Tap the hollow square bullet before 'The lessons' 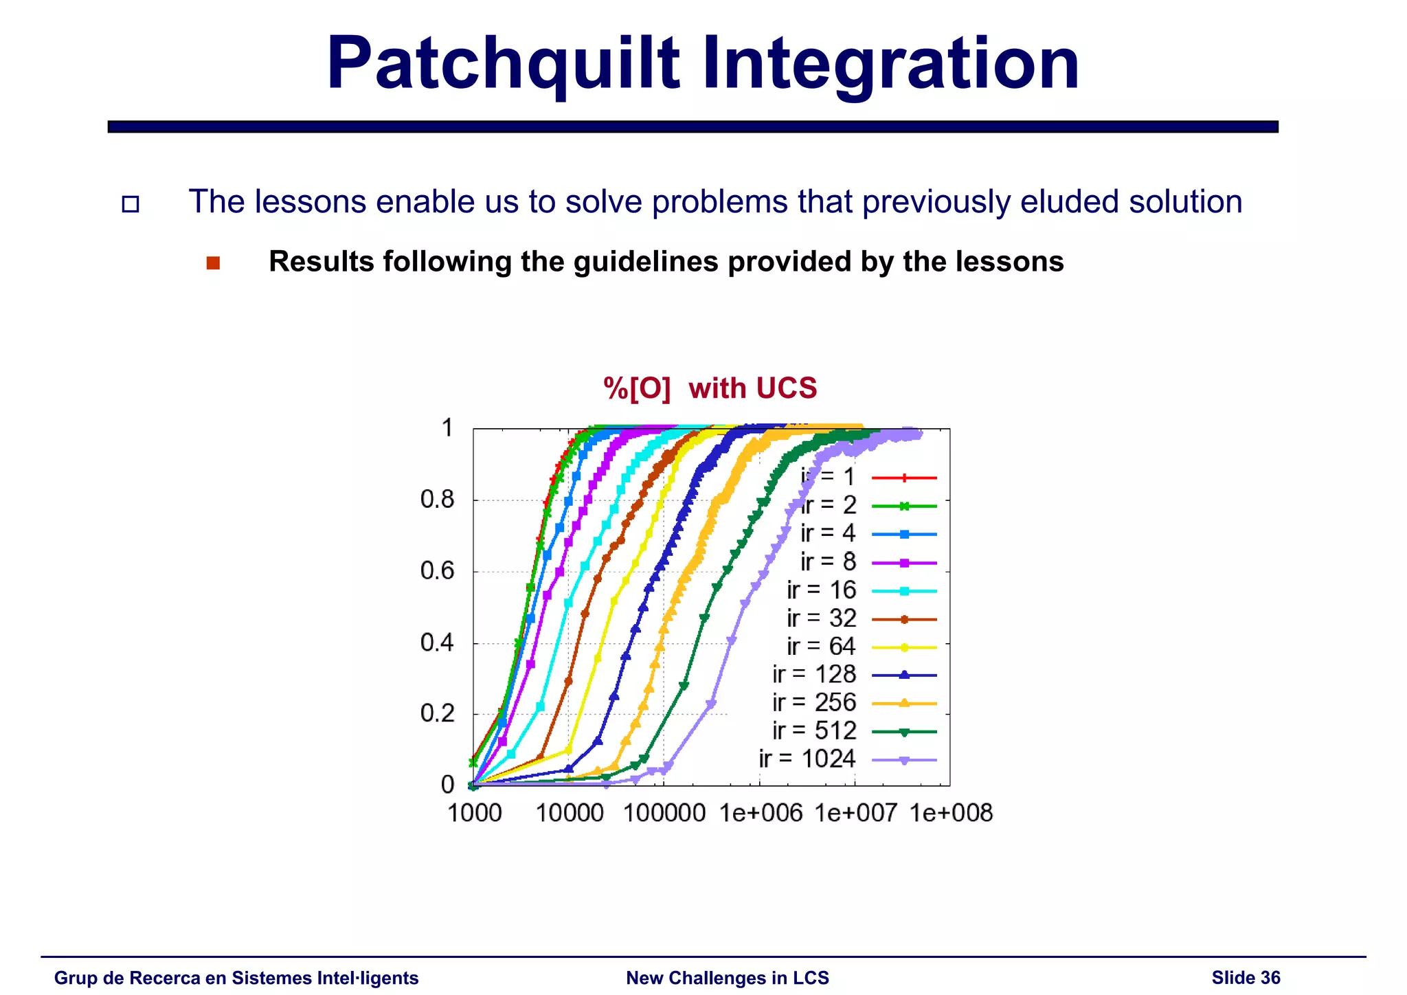[131, 204]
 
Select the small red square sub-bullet [213, 263]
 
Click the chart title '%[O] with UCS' [710, 388]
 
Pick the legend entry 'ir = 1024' [808, 759]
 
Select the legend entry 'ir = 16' [822, 590]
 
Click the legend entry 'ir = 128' [815, 674]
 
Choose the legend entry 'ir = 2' [829, 505]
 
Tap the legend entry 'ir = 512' [815, 730]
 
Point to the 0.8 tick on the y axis [438, 500]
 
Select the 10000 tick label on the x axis [570, 814]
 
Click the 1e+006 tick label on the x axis [761, 814]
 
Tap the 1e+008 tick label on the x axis [951, 814]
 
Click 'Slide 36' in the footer [1246, 978]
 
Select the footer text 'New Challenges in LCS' [728, 978]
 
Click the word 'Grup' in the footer [75, 978]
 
